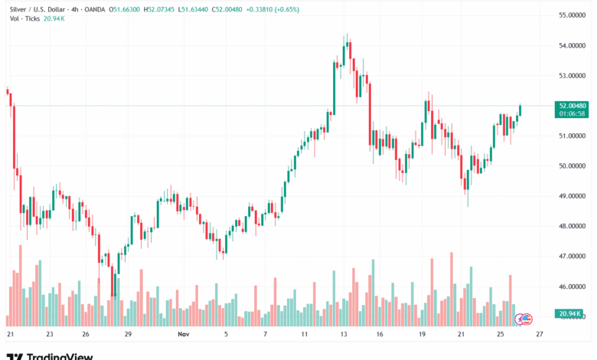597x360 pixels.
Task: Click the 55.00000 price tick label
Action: pos(573,15)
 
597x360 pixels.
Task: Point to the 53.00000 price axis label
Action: pos(573,76)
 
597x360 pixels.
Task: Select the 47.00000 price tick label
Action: pos(573,257)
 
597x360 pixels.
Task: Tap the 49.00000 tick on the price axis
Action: pos(573,196)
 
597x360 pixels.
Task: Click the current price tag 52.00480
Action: pos(573,106)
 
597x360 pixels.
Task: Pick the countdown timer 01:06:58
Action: pos(573,113)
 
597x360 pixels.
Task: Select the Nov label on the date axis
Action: pos(183,335)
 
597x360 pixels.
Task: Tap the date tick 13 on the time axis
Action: pos(344,335)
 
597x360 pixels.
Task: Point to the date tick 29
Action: pos(128,335)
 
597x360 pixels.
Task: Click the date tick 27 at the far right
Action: pos(540,335)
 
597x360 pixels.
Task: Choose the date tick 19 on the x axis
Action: pos(422,335)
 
